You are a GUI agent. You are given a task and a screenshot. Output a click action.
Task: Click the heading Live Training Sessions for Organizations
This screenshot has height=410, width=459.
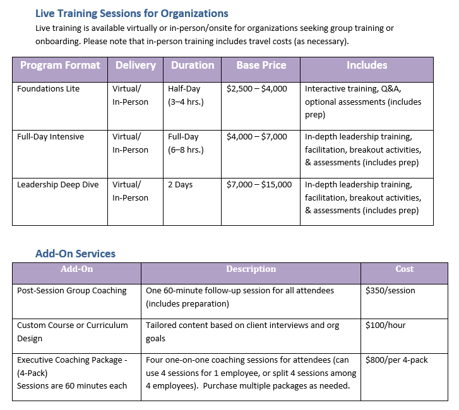click(131, 13)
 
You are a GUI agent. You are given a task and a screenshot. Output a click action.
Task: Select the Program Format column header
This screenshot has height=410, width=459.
click(60, 66)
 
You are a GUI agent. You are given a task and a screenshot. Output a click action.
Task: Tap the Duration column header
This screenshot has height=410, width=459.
click(192, 66)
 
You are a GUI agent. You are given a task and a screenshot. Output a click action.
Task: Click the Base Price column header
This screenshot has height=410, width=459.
click(261, 66)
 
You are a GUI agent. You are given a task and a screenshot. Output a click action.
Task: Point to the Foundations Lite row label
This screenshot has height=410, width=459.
click(49, 89)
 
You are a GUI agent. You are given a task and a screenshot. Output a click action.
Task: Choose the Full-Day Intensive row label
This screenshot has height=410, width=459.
click(51, 137)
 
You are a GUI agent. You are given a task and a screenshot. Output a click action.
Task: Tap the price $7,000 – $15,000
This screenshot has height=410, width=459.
click(259, 185)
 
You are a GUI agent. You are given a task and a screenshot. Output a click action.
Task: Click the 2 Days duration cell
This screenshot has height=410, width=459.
click(181, 185)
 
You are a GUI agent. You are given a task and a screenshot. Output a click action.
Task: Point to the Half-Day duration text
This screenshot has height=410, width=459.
click(183, 89)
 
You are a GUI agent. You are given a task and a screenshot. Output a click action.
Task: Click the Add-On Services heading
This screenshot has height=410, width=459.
click(75, 254)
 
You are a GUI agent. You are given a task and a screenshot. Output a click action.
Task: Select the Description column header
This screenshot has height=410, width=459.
click(251, 269)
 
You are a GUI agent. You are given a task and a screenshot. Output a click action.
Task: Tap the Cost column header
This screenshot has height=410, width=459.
click(404, 269)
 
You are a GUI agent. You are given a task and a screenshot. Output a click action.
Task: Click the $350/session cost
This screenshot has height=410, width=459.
click(391, 291)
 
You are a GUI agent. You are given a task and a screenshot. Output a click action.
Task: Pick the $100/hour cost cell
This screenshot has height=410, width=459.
click(386, 325)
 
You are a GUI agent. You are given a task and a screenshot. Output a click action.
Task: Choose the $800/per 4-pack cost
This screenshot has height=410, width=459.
click(396, 360)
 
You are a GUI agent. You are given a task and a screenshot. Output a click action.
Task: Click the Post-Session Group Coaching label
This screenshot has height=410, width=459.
click(72, 291)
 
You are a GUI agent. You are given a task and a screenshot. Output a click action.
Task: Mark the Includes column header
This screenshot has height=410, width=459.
click(367, 66)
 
